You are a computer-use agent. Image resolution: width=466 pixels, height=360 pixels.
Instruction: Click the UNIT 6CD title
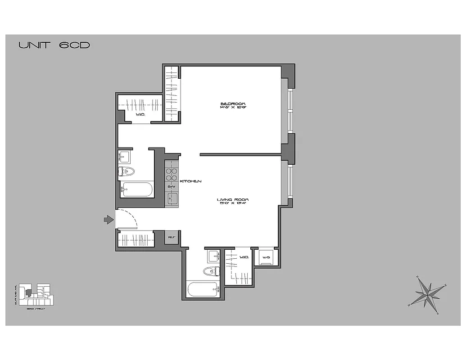point(54,45)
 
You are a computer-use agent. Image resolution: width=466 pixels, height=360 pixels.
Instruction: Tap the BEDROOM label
point(232,106)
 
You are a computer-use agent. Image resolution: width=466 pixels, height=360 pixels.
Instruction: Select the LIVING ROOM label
point(233,201)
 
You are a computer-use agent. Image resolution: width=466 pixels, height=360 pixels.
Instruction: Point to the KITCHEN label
point(190,181)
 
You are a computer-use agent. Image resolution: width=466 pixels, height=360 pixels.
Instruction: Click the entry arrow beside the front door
point(109,220)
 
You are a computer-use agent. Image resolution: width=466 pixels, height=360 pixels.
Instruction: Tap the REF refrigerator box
point(172,237)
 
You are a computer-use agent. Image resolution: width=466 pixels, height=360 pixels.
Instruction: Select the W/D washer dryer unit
point(266,257)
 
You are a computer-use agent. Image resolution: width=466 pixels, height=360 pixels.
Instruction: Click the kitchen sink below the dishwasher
point(172,198)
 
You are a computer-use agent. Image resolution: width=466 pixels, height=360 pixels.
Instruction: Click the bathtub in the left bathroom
point(137,189)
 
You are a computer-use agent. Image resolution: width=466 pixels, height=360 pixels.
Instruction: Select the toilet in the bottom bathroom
point(211,271)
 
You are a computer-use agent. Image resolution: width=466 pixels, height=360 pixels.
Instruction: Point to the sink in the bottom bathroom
point(213,256)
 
